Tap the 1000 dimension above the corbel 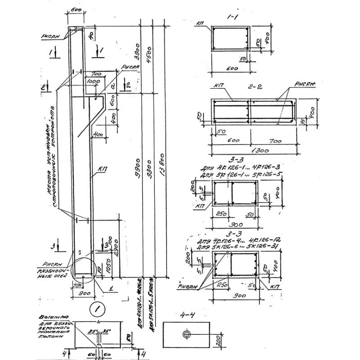coord(94,81)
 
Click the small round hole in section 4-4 coord(187,333)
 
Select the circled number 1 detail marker coord(95,309)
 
